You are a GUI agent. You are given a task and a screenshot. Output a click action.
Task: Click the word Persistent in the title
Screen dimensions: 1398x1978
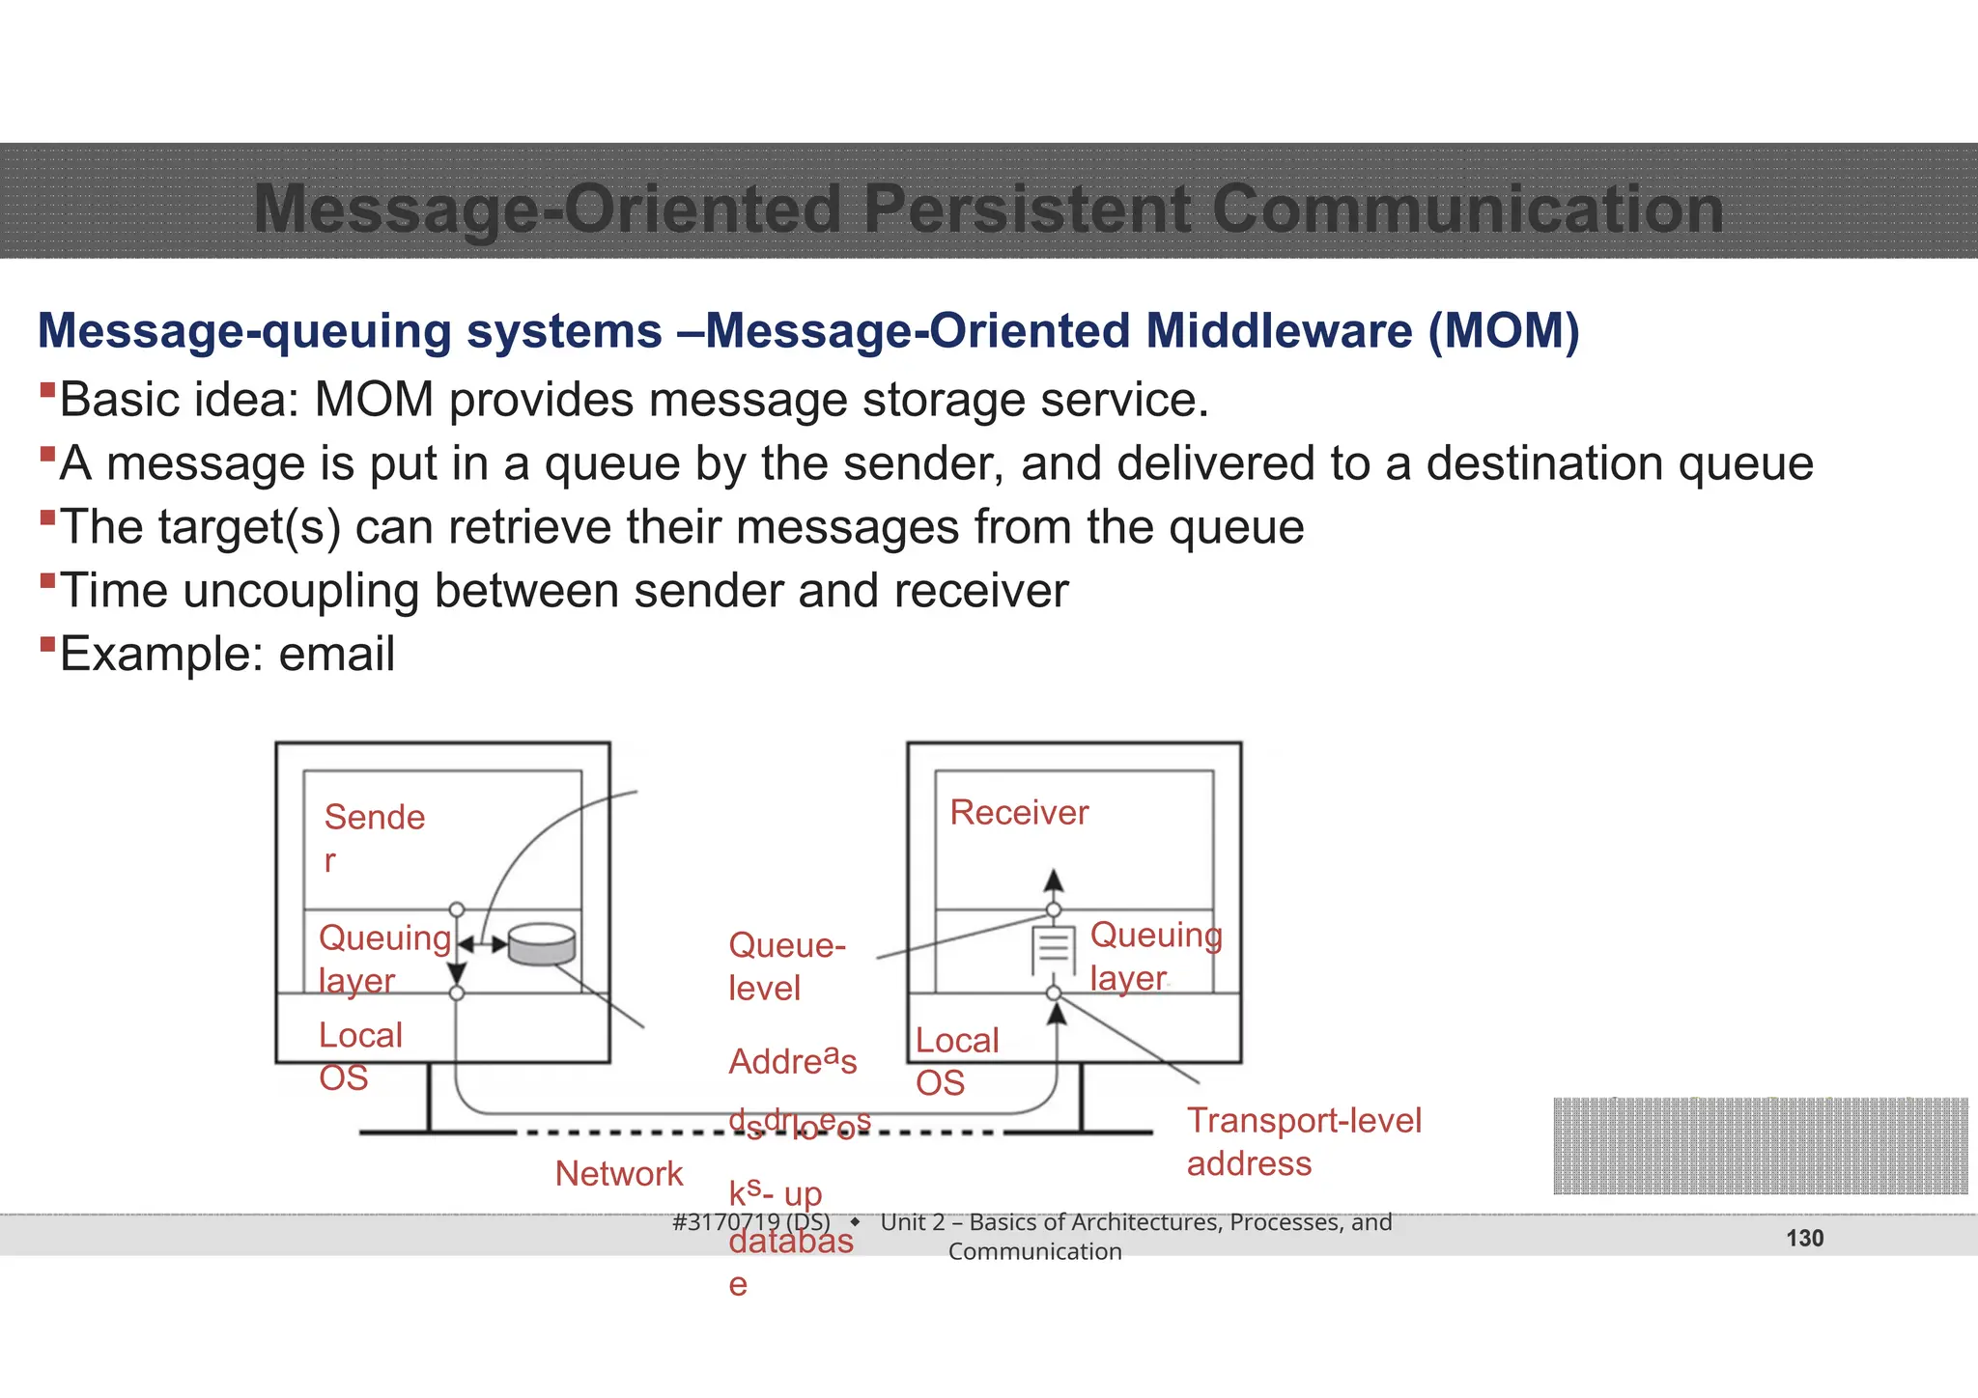coord(1028,209)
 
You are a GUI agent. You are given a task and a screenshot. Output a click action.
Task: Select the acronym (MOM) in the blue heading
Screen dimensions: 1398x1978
coord(1504,331)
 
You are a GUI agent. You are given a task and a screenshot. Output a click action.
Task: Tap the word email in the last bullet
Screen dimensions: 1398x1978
coord(336,654)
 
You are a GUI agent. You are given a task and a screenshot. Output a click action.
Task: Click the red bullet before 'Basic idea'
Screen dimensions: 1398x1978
coord(47,390)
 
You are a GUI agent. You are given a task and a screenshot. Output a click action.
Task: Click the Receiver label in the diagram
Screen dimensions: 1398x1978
coord(1018,813)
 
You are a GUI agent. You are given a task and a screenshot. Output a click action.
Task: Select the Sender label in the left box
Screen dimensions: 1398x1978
coord(374,836)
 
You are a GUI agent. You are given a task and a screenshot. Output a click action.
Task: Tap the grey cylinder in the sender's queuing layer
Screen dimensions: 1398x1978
coord(541,944)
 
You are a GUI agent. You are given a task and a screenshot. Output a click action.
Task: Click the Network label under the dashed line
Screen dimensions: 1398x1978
coord(618,1174)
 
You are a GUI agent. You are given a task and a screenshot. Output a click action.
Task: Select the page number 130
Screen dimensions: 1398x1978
coord(1804,1239)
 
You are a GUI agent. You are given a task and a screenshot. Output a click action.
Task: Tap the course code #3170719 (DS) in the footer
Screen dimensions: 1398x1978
coord(750,1222)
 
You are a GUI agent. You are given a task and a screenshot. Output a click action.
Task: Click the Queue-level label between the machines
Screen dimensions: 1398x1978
coord(785,965)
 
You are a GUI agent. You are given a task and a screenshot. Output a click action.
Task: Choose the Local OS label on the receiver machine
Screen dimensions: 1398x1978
coord(955,1061)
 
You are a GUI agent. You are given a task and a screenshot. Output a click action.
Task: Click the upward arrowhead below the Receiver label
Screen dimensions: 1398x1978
coord(1054,880)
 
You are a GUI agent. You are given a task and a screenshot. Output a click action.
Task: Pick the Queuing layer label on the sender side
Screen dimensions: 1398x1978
coord(383,958)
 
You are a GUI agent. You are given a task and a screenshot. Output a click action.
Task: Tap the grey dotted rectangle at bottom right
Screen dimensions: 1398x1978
coord(1760,1146)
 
